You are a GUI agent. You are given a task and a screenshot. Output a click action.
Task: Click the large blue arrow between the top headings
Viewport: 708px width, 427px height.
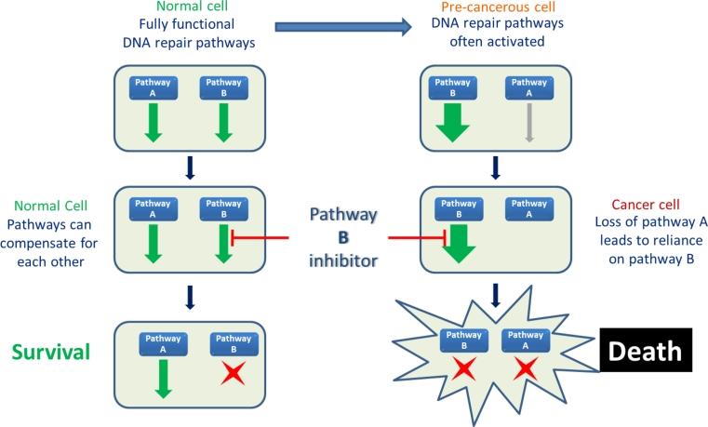(342, 27)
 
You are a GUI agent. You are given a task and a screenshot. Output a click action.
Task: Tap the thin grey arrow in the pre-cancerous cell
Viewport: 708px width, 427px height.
(528, 124)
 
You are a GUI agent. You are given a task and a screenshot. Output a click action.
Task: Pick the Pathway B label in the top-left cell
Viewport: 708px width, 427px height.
(221, 87)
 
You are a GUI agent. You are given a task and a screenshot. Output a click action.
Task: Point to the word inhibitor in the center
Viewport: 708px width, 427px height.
(343, 260)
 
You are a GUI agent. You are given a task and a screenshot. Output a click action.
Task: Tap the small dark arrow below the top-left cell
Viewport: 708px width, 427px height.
(189, 167)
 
